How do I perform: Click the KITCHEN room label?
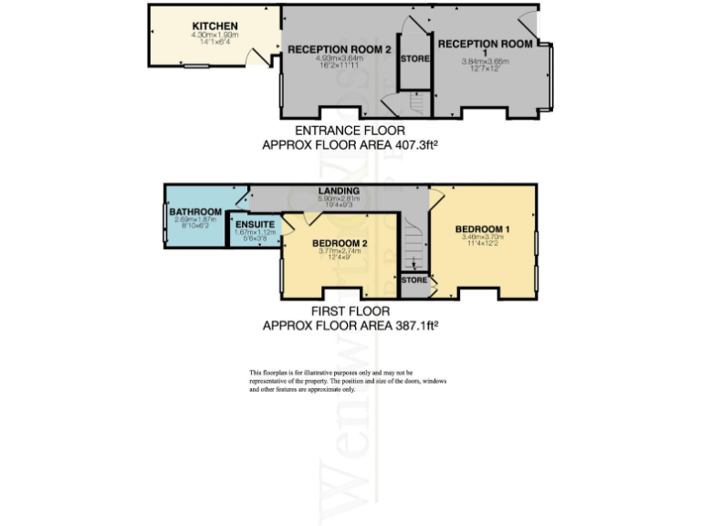point(214,26)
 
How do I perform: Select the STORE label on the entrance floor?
point(414,59)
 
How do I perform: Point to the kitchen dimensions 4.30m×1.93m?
point(214,35)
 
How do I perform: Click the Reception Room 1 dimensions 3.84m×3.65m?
point(485,61)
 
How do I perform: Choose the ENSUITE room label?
point(255,224)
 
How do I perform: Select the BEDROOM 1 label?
point(483,228)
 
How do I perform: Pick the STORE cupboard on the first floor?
point(413,281)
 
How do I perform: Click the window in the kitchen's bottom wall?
point(194,66)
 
